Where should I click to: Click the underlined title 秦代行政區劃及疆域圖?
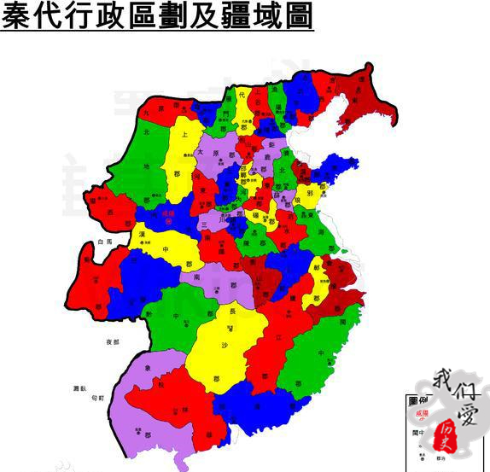point(158,16)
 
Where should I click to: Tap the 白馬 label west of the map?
point(104,242)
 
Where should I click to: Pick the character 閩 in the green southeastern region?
point(343,323)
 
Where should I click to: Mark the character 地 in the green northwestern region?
point(146,166)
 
